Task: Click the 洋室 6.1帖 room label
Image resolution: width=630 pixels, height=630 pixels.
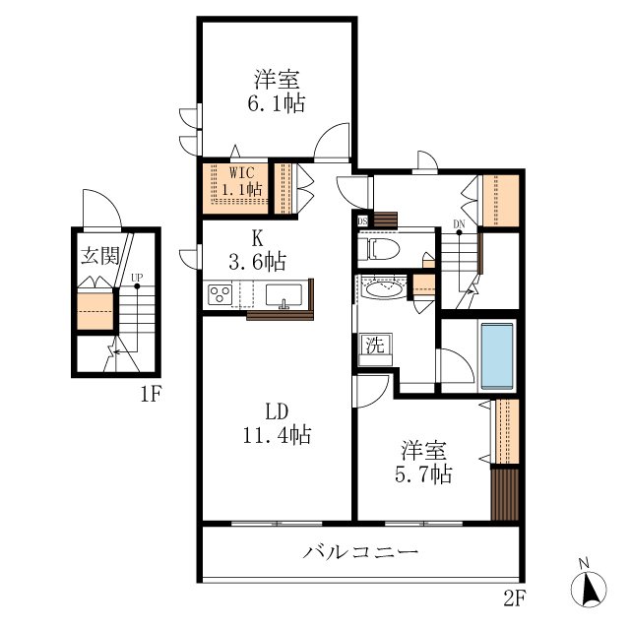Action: pyautogui.click(x=277, y=92)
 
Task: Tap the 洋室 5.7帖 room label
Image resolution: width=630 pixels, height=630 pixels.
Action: pyautogui.click(x=424, y=463)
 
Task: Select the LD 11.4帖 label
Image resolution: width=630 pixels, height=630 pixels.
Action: pyautogui.click(x=277, y=423)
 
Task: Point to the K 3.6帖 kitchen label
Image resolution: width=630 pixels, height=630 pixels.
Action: pyautogui.click(x=257, y=251)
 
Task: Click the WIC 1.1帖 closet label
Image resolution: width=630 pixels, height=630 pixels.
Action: pyautogui.click(x=242, y=181)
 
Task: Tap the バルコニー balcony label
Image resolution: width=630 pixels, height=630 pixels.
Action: pyautogui.click(x=360, y=552)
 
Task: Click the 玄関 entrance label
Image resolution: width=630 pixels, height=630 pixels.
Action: pyautogui.click(x=100, y=256)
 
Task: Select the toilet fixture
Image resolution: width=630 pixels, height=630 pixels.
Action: pyautogui.click(x=379, y=249)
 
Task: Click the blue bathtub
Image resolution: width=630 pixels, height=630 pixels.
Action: pyautogui.click(x=498, y=355)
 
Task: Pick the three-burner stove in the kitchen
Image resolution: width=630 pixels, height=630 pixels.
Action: pyautogui.click(x=220, y=294)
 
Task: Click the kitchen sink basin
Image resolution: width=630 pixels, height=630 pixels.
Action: pyautogui.click(x=283, y=295)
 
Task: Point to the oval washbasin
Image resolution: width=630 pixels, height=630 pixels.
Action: pyautogui.click(x=383, y=288)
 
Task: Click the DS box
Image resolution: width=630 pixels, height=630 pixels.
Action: pyautogui.click(x=362, y=220)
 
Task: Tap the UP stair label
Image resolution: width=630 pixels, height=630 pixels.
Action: pyautogui.click(x=137, y=278)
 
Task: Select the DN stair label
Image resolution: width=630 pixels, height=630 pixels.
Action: pyautogui.click(x=459, y=223)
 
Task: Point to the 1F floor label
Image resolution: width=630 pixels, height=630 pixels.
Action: pyautogui.click(x=151, y=395)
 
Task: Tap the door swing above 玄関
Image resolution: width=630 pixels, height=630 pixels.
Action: pyautogui.click(x=101, y=208)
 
